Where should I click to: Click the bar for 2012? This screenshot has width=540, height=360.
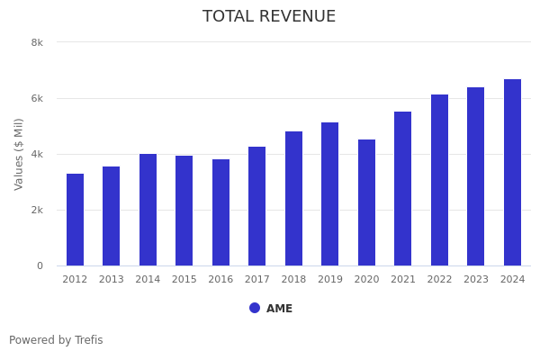point(75,220)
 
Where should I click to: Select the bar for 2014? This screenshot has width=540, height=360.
point(148,210)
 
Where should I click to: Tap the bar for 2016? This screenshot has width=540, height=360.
point(220,212)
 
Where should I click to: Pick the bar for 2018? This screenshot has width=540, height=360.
point(293,199)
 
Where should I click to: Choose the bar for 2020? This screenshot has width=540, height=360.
point(366,202)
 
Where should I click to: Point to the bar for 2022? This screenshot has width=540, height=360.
point(439,180)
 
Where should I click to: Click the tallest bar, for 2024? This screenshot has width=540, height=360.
point(512,173)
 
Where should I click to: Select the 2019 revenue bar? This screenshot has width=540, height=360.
point(330,194)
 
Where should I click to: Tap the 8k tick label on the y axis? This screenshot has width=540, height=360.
point(37,42)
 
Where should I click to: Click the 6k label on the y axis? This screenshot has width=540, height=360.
point(37,98)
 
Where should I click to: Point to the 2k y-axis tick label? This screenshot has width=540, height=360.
point(37,210)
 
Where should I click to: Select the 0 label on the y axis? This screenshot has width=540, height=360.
point(40,265)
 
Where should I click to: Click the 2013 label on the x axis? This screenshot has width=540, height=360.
point(112,280)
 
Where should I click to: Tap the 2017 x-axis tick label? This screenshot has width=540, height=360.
point(257,280)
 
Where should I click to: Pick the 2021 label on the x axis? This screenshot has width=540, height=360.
point(403,280)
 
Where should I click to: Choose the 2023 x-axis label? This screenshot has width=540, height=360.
point(476,280)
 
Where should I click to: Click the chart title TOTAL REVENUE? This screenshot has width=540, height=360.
point(269,17)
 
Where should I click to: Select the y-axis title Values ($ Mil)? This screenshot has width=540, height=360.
point(19,154)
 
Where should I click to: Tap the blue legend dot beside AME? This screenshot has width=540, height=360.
point(255,308)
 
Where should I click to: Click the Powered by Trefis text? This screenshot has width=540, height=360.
point(56,340)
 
